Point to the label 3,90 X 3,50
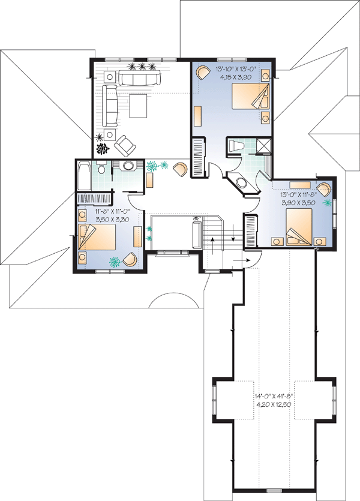coord(298,203)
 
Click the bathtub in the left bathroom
coord(84,175)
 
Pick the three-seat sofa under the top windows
coord(139,77)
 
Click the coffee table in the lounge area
coord(139,106)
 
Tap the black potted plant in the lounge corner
coord(103,149)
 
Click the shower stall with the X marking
coord(263,146)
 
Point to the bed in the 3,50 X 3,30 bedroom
coord(97,237)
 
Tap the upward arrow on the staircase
coord(212,245)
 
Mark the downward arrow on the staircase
coord(233,233)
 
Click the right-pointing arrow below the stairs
coord(242,260)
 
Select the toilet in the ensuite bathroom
coord(236,146)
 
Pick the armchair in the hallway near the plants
coord(181,169)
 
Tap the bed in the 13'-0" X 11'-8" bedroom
coord(299,227)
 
